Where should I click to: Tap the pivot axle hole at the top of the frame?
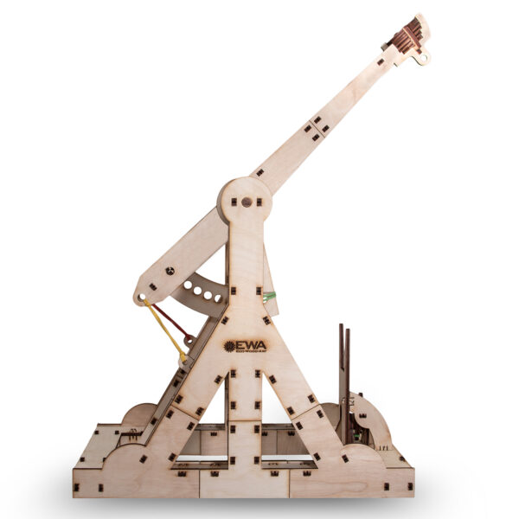pyautogui.click(x=247, y=202)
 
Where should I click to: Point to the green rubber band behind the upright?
pyautogui.click(x=270, y=297)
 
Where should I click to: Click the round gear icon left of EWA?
pyautogui.click(x=229, y=346)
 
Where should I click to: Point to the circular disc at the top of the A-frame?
pyautogui.click(x=246, y=204)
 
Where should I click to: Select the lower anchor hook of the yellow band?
pyautogui.click(x=183, y=356)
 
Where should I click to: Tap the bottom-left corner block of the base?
pyautogui.click(x=86, y=480)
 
